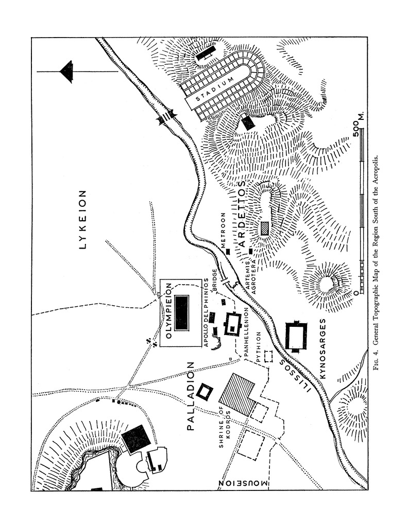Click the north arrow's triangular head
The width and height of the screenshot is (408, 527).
coord(67,71)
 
